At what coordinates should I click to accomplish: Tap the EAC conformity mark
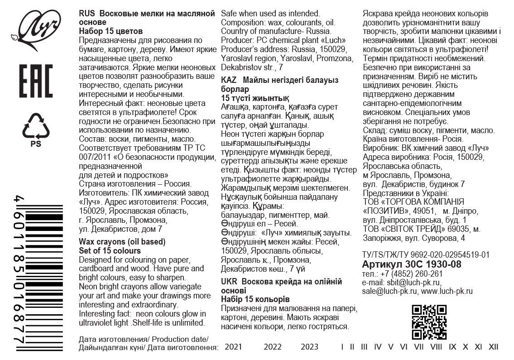click(x=36, y=81)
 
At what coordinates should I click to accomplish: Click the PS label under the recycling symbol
click(x=35, y=144)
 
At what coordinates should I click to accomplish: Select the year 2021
click(x=234, y=347)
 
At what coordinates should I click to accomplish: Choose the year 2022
click(x=273, y=347)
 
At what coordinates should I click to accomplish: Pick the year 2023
click(x=309, y=347)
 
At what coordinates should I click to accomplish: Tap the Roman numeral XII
click(x=493, y=347)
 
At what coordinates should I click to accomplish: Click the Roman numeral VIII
click(x=436, y=347)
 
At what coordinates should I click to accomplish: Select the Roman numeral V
click(x=390, y=347)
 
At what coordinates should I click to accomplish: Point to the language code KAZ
click(x=229, y=80)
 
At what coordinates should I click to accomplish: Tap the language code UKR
click(x=229, y=281)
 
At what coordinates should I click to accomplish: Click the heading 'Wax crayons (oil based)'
click(x=122, y=241)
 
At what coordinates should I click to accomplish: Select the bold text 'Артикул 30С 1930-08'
click(x=412, y=264)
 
